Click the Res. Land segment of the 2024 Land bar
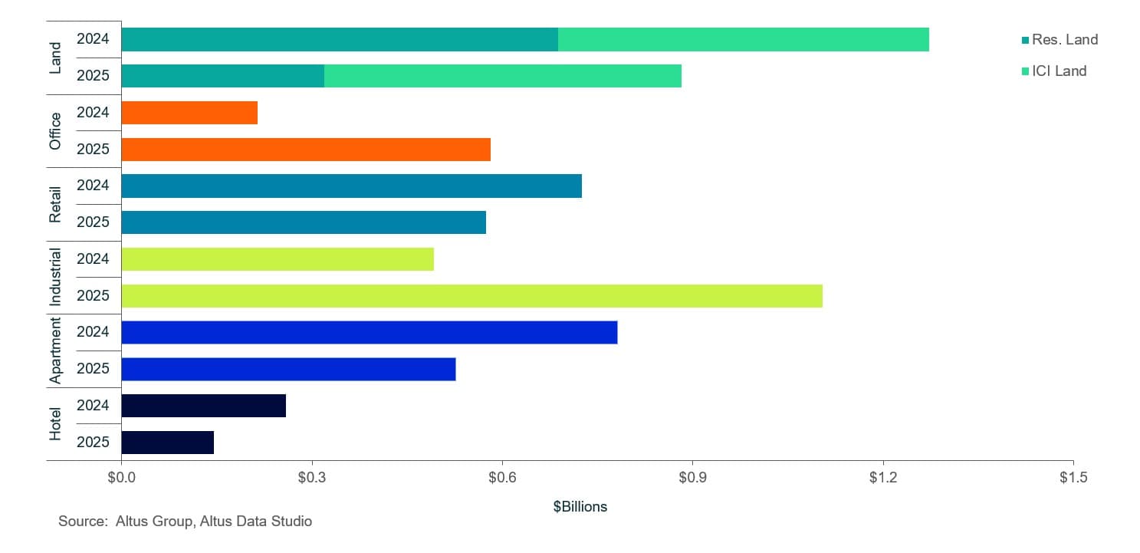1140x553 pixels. (x=339, y=40)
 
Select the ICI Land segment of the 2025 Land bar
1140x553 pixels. (x=502, y=76)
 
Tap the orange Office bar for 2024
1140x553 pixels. (x=189, y=113)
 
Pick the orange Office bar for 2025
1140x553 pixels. (x=305, y=150)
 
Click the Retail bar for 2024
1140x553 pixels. (x=351, y=186)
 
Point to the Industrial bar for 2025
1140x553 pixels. (x=471, y=296)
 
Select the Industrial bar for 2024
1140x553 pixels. (x=277, y=259)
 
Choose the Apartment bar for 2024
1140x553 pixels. (x=369, y=332)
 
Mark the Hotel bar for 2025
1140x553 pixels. (x=167, y=443)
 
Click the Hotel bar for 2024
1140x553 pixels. (x=203, y=406)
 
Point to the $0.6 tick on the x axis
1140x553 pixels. (x=502, y=477)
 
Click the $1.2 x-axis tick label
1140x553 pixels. (x=883, y=477)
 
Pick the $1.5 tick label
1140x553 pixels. (x=1073, y=477)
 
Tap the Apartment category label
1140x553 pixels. (x=55, y=351)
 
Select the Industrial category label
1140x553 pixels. (x=55, y=277)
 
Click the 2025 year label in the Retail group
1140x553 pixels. (x=93, y=222)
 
